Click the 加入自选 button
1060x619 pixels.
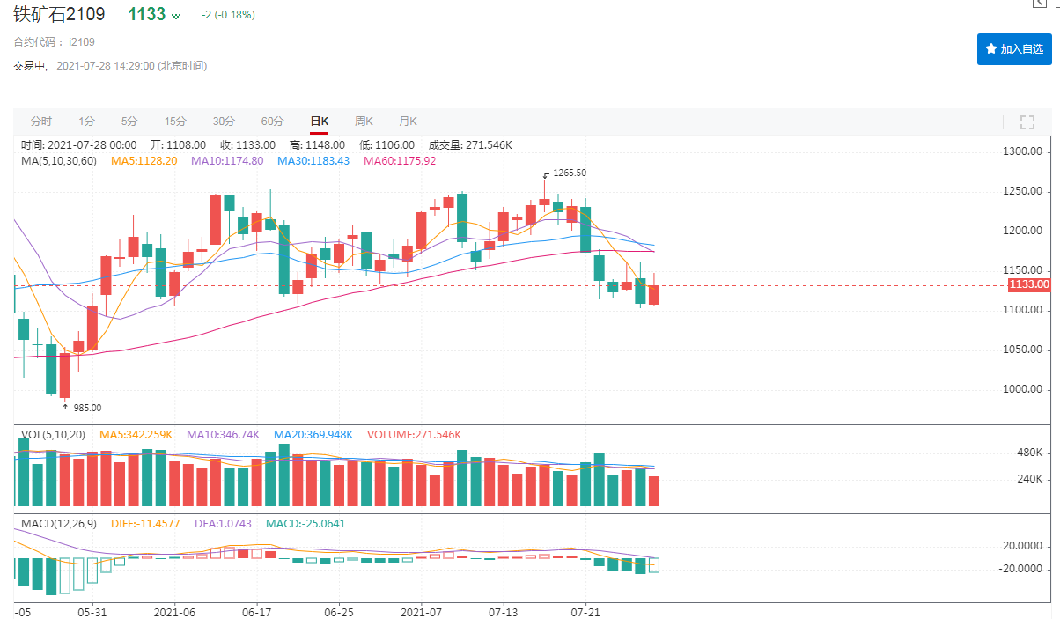point(1014,49)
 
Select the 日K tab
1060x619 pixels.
point(319,122)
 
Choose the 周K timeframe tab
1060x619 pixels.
point(364,122)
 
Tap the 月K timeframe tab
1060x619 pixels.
point(408,122)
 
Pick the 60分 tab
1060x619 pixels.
point(272,122)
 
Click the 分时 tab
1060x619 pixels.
point(41,122)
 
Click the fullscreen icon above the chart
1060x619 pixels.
point(1027,122)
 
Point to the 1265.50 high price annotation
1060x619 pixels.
point(569,173)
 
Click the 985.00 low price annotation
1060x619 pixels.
point(86,408)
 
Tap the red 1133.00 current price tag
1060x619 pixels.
point(1028,284)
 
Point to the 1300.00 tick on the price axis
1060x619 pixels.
point(1023,151)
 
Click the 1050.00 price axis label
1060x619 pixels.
point(1023,350)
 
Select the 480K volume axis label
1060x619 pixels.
point(1027,453)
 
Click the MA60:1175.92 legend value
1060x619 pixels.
point(400,161)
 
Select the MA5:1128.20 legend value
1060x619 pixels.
point(144,161)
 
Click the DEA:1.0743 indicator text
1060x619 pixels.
point(214,523)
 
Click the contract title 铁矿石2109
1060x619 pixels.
point(59,15)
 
